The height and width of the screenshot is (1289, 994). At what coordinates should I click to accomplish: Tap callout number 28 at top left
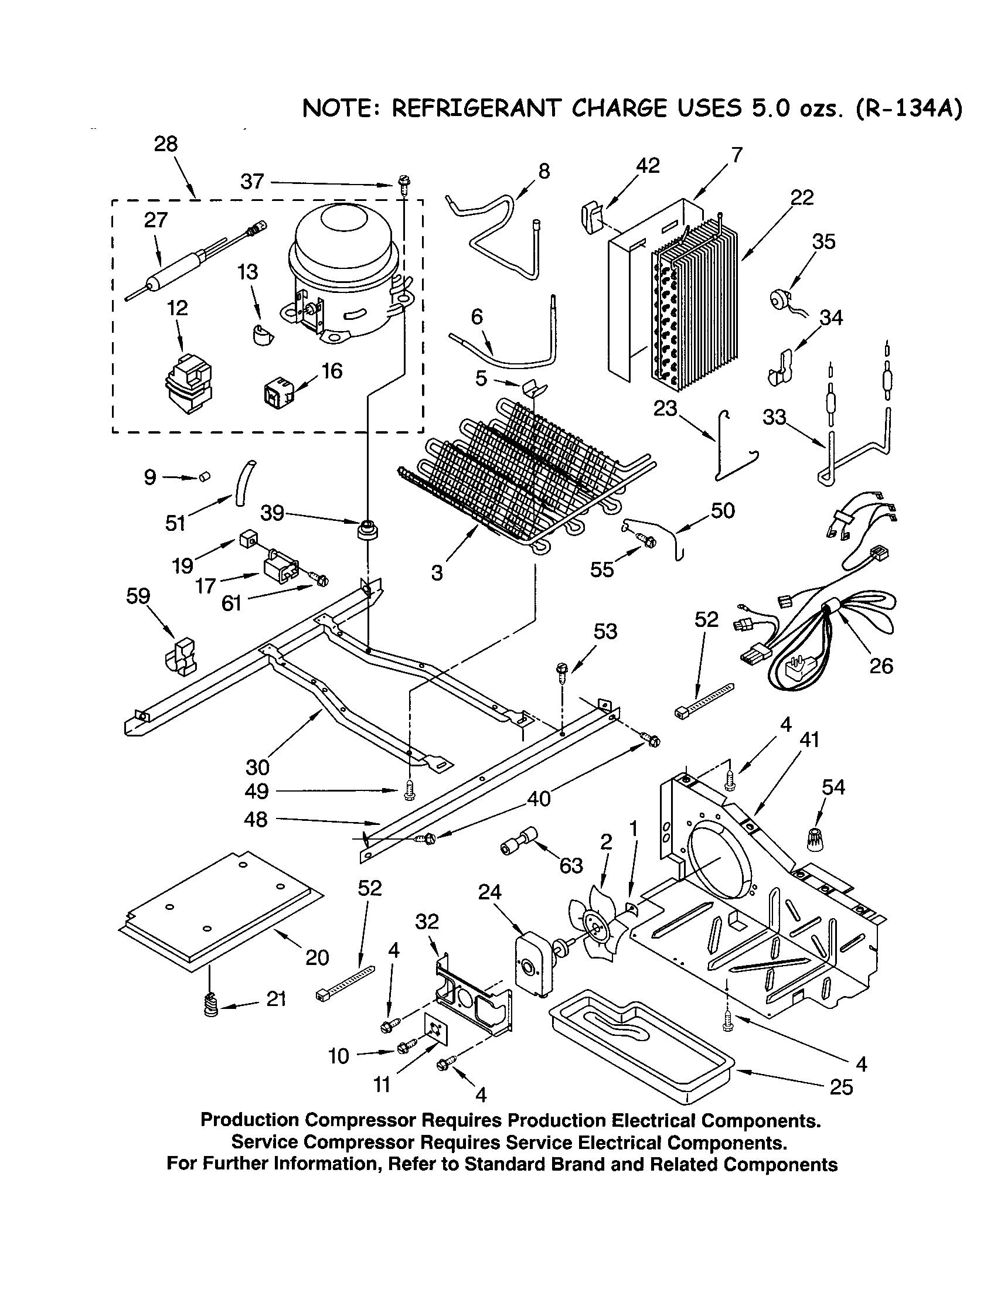[x=166, y=144]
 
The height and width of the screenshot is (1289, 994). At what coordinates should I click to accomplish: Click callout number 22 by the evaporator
[x=802, y=197]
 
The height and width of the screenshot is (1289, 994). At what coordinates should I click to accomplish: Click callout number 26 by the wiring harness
[x=881, y=666]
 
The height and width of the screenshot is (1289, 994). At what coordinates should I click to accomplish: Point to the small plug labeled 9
[x=204, y=476]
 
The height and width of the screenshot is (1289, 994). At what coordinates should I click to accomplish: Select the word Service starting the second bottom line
[x=264, y=1143]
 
